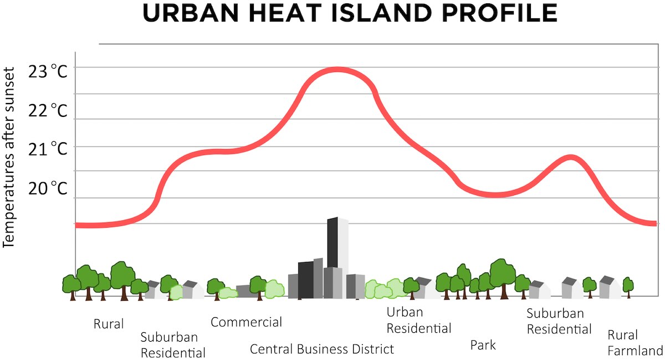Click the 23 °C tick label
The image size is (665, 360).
point(48,71)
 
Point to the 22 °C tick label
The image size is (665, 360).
point(48,110)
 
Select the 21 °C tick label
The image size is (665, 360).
point(48,149)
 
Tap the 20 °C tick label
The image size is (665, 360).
point(48,188)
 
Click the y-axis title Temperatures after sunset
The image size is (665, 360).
point(8,157)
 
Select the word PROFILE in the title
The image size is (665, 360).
point(499,13)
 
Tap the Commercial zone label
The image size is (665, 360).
point(246,322)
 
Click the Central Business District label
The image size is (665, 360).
point(322,349)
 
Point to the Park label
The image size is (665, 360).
point(483,345)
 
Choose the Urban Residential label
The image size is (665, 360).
point(419,320)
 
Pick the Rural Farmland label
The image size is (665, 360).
point(635,343)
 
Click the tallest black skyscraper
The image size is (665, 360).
point(332,243)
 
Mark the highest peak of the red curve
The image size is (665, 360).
point(337,70)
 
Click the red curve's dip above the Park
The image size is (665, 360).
point(496,195)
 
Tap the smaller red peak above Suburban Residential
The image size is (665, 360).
point(571,158)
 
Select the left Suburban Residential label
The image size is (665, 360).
point(173,345)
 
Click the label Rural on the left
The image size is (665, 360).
point(109,324)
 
